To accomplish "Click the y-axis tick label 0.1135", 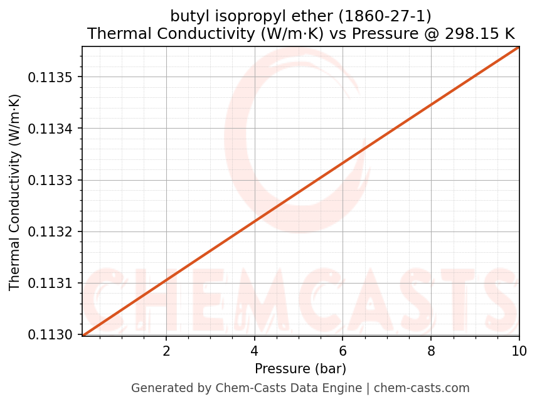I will coord(51,78).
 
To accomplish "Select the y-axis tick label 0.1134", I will coord(51,129).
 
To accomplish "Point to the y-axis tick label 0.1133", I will coord(51,181).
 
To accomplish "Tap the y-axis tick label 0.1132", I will coord(51,232).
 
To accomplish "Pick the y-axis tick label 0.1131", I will coord(51,284).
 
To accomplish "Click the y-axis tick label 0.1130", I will coord(51,335).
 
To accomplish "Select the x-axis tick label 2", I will coord(166,351).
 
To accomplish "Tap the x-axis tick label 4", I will coord(254,351).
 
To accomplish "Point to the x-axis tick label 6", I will coord(343,351).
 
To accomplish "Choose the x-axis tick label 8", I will coord(431,351).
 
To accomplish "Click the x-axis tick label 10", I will coord(519,351).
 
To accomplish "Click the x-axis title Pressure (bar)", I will coord(300,368).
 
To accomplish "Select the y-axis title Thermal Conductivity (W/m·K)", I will coord(15,192).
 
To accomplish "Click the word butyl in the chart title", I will coord(188,16).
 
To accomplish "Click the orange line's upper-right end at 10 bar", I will coord(519,47).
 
